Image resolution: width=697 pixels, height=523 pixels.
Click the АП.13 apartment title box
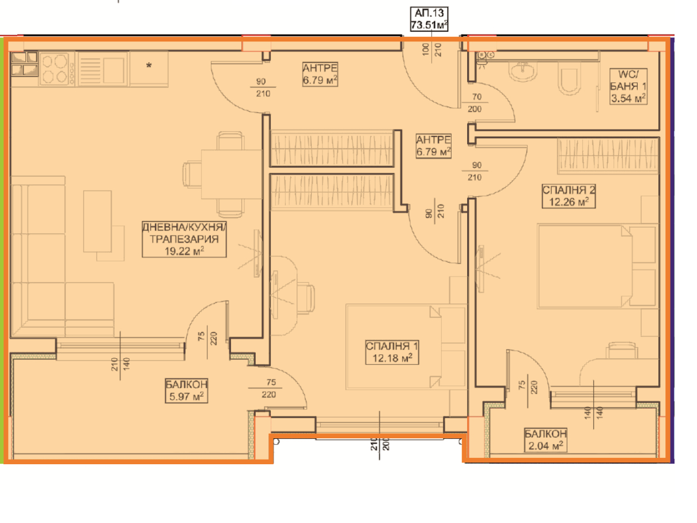[429, 19]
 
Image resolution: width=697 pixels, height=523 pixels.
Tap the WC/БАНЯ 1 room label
[628, 86]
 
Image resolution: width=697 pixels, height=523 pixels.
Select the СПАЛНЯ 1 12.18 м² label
[392, 352]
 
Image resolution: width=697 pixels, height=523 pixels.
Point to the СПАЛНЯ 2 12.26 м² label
[569, 196]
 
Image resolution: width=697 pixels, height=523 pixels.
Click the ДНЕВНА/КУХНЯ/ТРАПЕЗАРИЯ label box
[184, 239]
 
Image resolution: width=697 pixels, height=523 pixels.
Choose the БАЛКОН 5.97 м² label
[187, 391]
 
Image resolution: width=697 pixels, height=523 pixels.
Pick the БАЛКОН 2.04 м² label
[546, 440]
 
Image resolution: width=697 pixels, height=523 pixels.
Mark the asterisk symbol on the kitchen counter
[149, 66]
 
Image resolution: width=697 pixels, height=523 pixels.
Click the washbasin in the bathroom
[522, 70]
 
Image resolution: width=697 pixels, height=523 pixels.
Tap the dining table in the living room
[232, 175]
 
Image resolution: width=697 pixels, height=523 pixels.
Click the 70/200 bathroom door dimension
[475, 103]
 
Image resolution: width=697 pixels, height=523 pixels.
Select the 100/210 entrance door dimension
[431, 50]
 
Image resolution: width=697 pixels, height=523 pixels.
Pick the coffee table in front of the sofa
[97, 222]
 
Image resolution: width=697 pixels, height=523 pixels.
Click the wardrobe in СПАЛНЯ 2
[608, 156]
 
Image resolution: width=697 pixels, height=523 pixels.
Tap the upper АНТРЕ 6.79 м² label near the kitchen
[320, 74]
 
